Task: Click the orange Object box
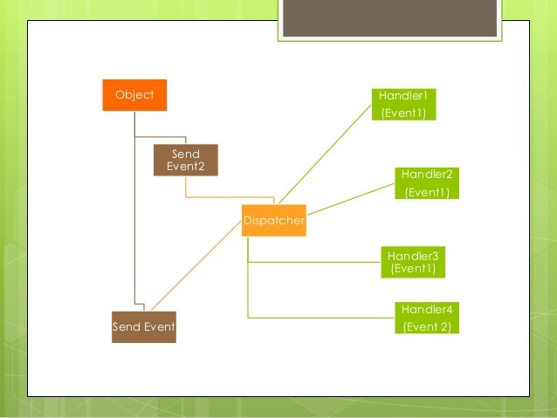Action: [x=134, y=95]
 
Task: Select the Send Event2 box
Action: [x=185, y=160]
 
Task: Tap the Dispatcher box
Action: [x=273, y=221]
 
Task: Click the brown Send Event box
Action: [x=144, y=327]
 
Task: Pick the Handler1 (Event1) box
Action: [x=402, y=104]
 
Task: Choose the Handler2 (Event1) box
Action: [x=426, y=183]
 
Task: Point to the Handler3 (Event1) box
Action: [x=413, y=262]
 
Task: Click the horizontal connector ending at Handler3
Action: [x=314, y=263]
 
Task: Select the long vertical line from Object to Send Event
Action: [x=134, y=218]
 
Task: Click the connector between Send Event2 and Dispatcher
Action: [x=230, y=197]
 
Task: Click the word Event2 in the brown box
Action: [x=185, y=167]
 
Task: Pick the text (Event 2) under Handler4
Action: [x=426, y=327]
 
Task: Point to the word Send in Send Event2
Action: [x=185, y=154]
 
